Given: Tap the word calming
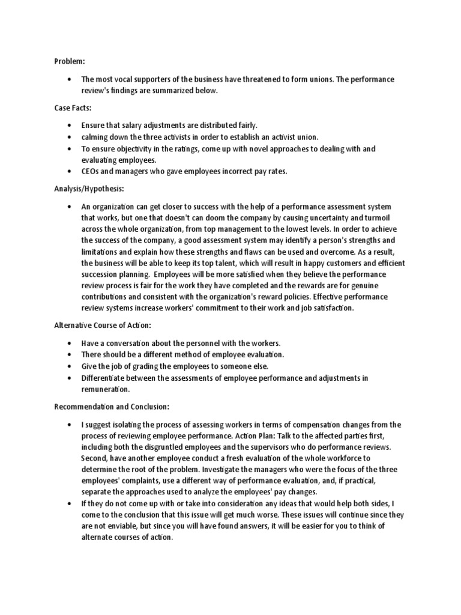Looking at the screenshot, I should [x=95, y=137].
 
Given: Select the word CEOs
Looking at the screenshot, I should [x=91, y=171].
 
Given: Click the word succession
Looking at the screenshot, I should [x=100, y=274].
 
